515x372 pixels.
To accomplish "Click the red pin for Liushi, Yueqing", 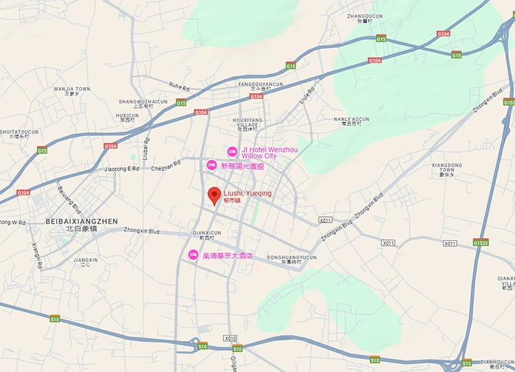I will coord(214,195).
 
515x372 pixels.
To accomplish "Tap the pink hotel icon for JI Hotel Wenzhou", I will coord(232,151).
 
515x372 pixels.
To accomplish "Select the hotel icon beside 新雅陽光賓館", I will coord(212,165).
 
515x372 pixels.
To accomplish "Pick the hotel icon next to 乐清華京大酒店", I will coord(194,255).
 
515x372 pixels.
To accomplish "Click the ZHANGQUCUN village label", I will coord(365,15).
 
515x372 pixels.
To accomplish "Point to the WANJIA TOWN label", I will coord(72,89).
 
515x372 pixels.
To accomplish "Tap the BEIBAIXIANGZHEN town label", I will coord(82,221).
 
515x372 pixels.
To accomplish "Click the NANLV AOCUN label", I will coord(351,119).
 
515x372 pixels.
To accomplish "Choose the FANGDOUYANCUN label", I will coord(260,84).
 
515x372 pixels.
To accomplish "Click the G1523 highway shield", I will coord(481,242).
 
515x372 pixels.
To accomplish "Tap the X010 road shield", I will coord(230,338).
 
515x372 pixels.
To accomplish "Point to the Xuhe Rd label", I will coord(179,86).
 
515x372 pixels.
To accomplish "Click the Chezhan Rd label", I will coord(165,165).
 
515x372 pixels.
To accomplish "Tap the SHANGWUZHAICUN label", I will coord(143,102).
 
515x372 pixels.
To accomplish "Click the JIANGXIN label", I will coord(85,260).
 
